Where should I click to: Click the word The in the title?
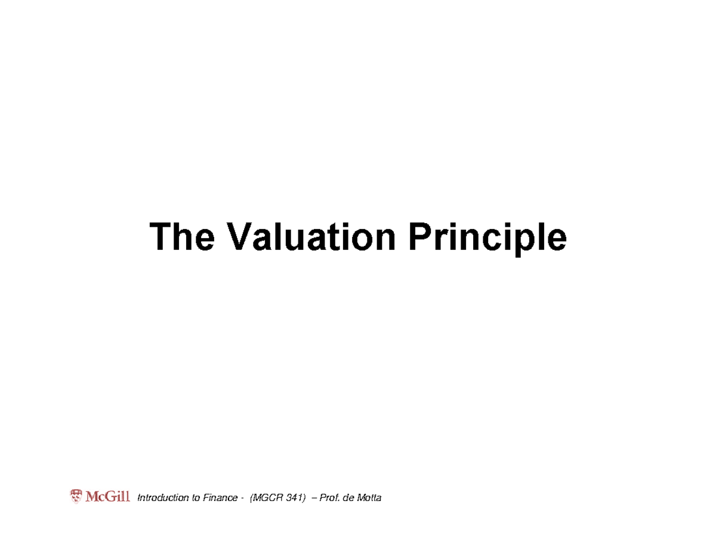[181, 237]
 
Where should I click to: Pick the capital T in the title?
[160, 237]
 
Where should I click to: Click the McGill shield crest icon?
[76, 496]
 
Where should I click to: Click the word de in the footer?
[347, 498]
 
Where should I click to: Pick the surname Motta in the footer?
[368, 498]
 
